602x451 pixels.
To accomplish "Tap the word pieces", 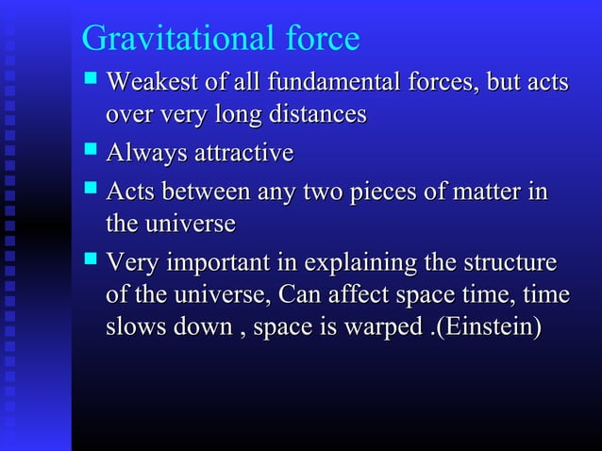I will (x=378, y=192).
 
